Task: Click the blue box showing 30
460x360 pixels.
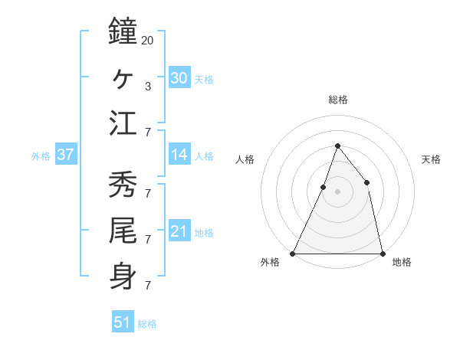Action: pyautogui.click(x=179, y=77)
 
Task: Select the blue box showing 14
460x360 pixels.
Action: pyautogui.click(x=179, y=155)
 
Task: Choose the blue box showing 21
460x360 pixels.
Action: pyautogui.click(x=179, y=231)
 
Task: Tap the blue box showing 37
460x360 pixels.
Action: pyautogui.click(x=66, y=155)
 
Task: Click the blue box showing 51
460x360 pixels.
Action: pyautogui.click(x=123, y=322)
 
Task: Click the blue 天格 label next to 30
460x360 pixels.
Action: pyautogui.click(x=204, y=79)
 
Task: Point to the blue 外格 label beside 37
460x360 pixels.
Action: pyautogui.click(x=41, y=156)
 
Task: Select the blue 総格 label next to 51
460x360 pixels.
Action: pyautogui.click(x=147, y=324)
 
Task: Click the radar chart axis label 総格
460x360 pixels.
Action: pyautogui.click(x=337, y=100)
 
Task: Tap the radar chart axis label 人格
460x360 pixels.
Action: pyautogui.click(x=245, y=159)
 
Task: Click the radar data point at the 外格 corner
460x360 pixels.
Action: pyautogui.click(x=293, y=253)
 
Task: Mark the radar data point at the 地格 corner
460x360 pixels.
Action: pyautogui.click(x=382, y=253)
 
